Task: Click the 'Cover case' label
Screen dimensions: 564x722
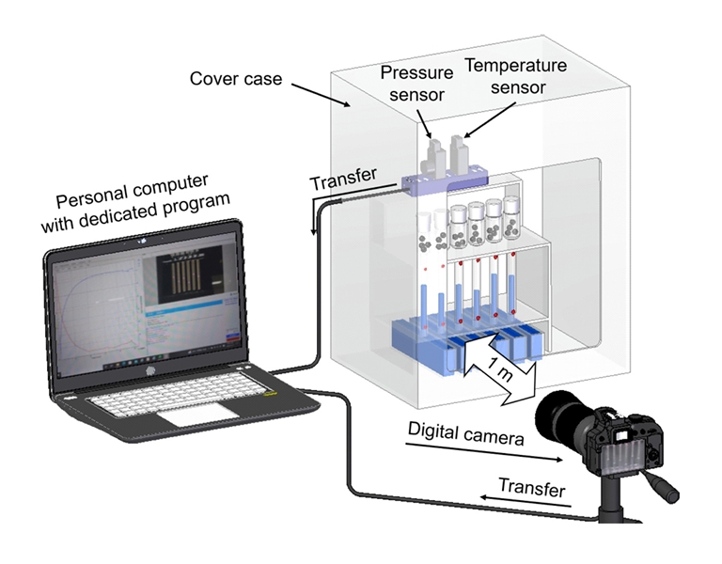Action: pos(235,78)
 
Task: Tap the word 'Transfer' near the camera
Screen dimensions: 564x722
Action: pos(532,489)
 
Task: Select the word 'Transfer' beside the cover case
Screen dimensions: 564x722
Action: pos(344,175)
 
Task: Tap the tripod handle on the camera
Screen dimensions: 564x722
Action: pos(662,488)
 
